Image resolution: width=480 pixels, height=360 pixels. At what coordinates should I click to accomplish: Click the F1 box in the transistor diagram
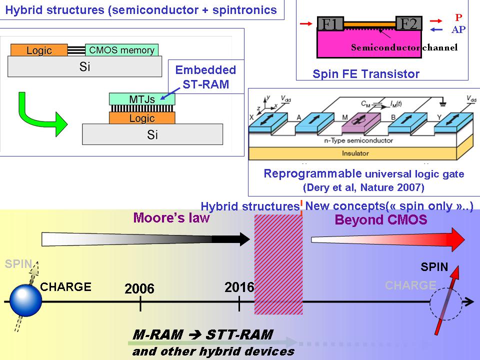tap(330, 24)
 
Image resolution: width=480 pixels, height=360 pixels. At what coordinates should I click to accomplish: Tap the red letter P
tap(458, 17)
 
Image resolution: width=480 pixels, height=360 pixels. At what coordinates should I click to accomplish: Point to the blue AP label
tap(458, 29)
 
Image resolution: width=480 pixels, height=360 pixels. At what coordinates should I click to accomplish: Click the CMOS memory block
tap(122, 50)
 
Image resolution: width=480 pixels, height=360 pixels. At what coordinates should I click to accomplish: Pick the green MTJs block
tap(142, 98)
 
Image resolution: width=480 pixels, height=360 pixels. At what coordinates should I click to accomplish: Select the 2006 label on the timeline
tap(139, 288)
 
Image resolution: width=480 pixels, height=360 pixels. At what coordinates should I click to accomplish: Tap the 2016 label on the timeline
tap(239, 287)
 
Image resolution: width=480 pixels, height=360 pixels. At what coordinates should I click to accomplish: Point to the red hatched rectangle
tap(278, 263)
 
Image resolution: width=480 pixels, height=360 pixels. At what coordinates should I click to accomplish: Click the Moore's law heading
tap(171, 218)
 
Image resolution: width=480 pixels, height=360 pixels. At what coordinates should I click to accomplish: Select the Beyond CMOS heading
tap(381, 219)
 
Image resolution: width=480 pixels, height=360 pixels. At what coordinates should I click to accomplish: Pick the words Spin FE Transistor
tap(366, 74)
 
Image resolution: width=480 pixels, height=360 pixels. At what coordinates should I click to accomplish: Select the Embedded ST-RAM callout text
tap(205, 76)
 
